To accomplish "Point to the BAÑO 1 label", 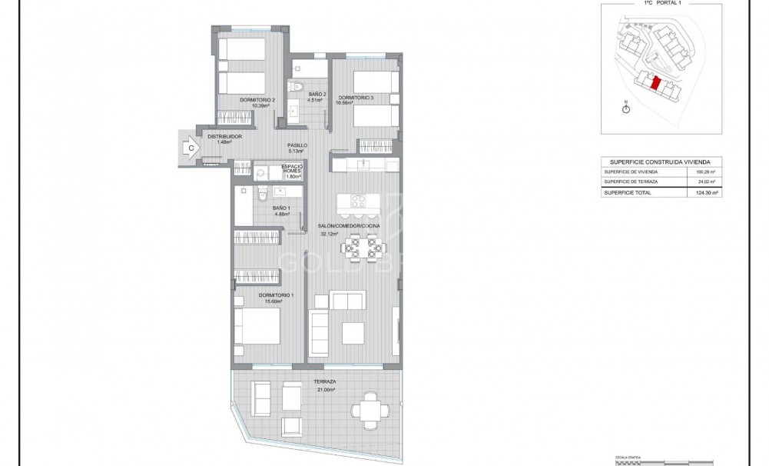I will click(x=281, y=208).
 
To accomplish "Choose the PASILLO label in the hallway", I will click(x=298, y=145).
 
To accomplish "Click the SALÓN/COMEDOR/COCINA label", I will click(x=349, y=225).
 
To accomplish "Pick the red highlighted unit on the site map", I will click(x=655, y=83).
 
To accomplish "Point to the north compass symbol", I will click(x=626, y=108).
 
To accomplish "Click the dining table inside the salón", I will click(x=360, y=247).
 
